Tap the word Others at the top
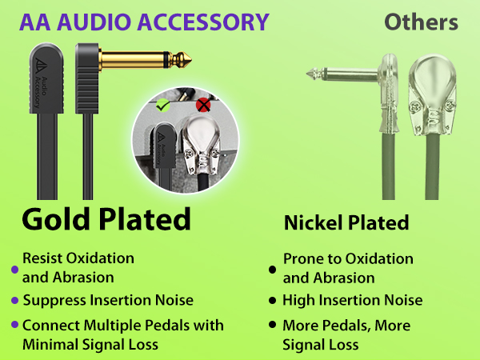(x=421, y=22)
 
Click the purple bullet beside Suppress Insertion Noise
(x=14, y=301)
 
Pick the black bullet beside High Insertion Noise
(x=274, y=301)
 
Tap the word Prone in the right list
(x=302, y=259)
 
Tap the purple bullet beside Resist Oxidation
(x=14, y=269)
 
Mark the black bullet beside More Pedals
(x=274, y=326)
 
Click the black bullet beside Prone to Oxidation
(x=274, y=269)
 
